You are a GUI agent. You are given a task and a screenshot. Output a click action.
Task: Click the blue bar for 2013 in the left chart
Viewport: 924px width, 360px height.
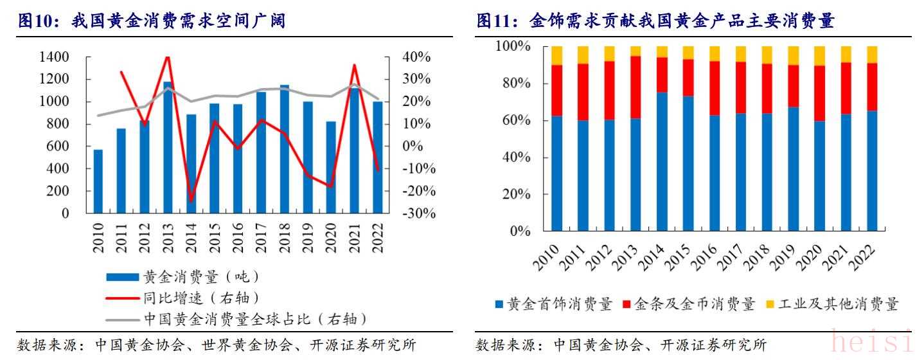tap(168, 148)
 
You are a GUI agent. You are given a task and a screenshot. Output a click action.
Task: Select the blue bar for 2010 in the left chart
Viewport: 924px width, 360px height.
tap(98, 181)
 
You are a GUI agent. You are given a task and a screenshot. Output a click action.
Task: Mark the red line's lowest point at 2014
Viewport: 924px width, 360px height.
tap(191, 200)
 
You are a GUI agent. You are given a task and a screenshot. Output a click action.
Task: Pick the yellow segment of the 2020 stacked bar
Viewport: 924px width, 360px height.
tap(820, 56)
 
